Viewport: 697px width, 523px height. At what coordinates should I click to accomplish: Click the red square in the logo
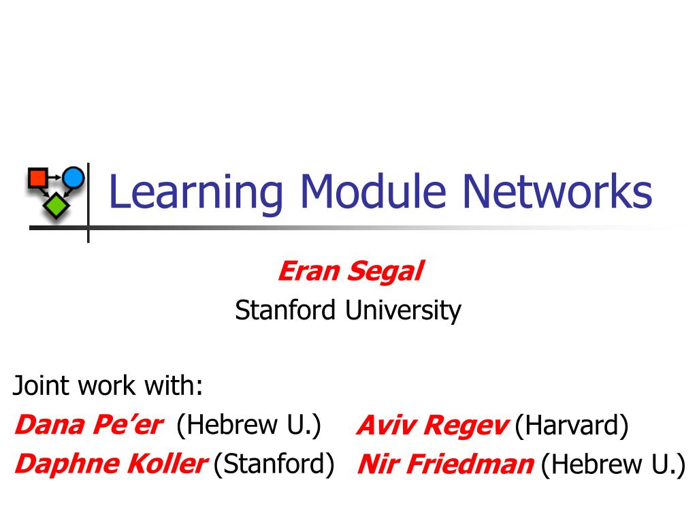(x=38, y=178)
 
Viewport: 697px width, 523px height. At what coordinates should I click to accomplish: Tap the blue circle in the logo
(x=74, y=178)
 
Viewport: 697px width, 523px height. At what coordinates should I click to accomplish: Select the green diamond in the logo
(x=56, y=206)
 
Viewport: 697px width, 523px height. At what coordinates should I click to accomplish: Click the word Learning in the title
(x=196, y=192)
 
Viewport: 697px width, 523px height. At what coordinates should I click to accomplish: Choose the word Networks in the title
(x=558, y=191)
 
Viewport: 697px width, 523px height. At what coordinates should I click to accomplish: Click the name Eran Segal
(x=351, y=271)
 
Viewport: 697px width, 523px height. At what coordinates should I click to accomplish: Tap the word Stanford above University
(x=285, y=310)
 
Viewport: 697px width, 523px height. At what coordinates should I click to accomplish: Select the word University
(x=404, y=311)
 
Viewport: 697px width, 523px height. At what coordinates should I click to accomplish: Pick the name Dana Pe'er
(x=89, y=425)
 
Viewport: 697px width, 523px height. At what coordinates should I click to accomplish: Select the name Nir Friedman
(x=446, y=464)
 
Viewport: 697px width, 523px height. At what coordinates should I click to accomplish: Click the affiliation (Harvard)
(x=572, y=426)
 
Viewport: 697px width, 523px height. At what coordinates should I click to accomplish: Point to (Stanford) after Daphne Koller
(x=274, y=464)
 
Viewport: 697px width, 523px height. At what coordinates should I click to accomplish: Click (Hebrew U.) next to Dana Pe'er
(x=248, y=426)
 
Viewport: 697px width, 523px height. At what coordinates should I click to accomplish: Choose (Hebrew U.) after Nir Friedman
(x=613, y=464)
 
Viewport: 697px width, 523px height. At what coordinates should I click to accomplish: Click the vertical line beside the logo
(x=88, y=203)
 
